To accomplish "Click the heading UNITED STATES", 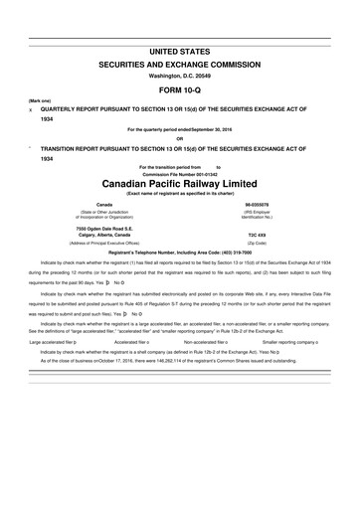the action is click(180, 49).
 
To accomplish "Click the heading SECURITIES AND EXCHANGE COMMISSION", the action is click(180, 62).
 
